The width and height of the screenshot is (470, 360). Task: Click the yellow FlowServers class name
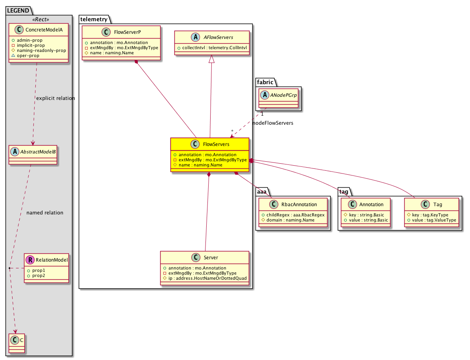coord(216,144)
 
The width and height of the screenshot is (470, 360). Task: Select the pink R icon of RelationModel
coord(30,260)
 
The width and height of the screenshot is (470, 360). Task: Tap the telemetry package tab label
coord(94,19)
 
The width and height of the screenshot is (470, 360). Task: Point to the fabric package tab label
coord(265,82)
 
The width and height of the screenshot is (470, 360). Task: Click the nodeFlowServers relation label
coord(273,123)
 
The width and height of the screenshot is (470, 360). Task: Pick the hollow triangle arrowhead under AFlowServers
coord(212,59)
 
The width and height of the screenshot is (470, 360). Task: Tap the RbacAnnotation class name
coord(299,205)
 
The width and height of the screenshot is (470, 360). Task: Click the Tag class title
coord(438,205)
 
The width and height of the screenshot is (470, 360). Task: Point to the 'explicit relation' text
coord(56,98)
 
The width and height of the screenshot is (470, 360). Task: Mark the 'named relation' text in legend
coord(45,212)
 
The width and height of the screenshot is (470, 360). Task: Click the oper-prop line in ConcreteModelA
coord(28,56)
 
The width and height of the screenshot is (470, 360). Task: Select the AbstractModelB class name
coord(38,152)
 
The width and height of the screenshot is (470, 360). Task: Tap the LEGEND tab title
coord(18,11)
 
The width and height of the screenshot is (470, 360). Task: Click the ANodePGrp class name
coord(283,95)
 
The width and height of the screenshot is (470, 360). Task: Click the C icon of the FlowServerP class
coord(106,32)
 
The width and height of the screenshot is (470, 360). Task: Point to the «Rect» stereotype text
coord(41,19)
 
